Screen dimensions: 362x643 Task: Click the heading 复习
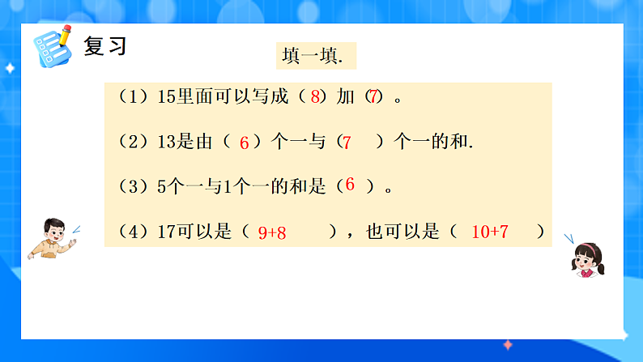pos(105,45)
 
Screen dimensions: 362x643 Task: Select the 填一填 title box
pos(315,56)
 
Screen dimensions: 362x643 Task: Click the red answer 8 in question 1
pos(315,97)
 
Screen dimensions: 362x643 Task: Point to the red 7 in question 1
pos(373,97)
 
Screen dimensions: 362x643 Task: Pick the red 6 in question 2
pos(244,143)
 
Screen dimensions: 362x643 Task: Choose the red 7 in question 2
pos(347,143)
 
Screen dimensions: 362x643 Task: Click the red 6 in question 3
pos(350,185)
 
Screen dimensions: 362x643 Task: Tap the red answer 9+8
pos(272,232)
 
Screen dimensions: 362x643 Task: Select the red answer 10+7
pos(489,232)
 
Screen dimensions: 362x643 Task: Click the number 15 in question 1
pos(167,97)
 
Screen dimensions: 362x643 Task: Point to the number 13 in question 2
pos(166,143)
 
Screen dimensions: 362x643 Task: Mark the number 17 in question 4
pos(166,232)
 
